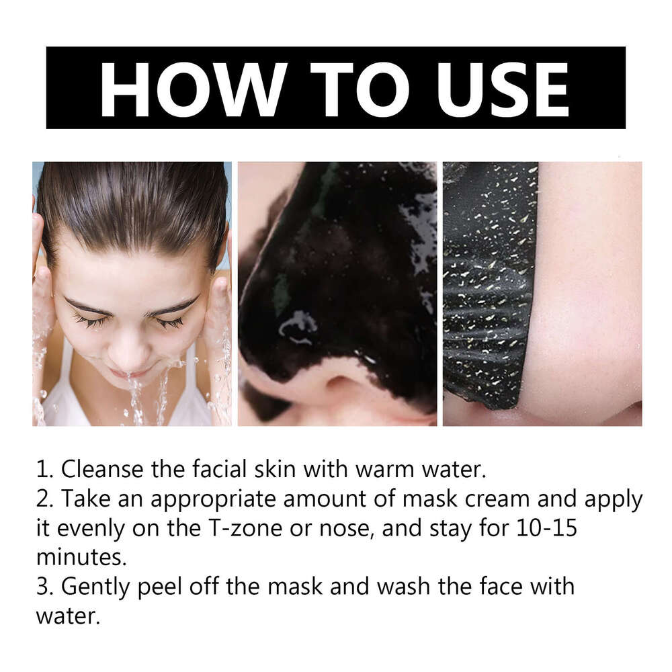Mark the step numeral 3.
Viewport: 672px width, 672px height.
point(43,587)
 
